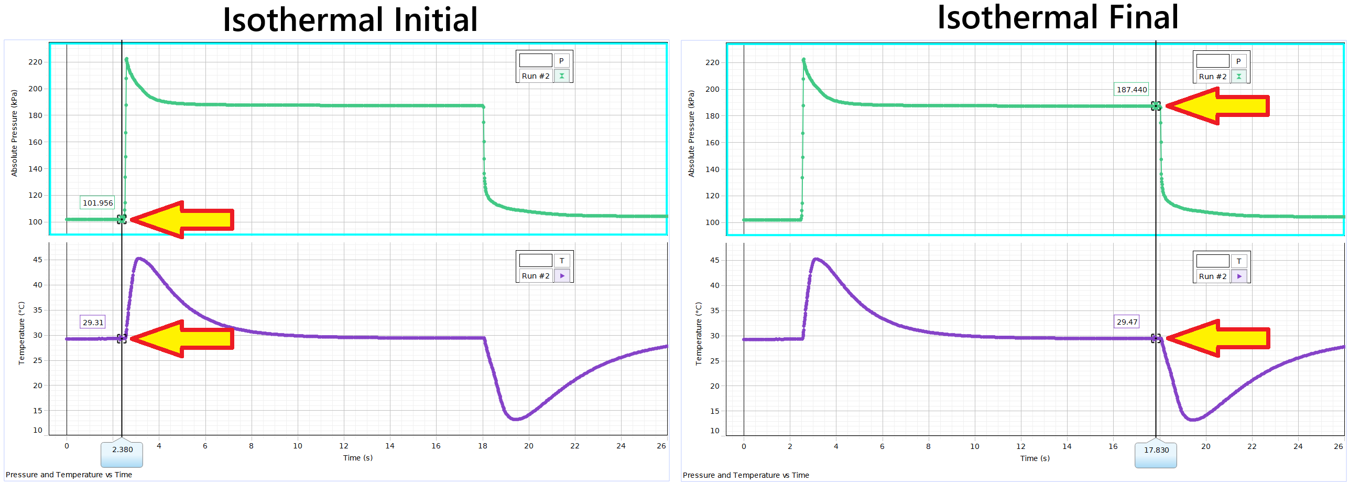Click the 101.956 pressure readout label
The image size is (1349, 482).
97,203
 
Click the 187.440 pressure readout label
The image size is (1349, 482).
1132,90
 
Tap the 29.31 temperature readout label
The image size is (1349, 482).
93,323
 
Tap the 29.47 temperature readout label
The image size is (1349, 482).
1127,322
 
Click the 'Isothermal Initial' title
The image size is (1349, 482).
350,20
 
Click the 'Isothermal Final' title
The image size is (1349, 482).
1058,17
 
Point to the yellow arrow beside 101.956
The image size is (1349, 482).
183,219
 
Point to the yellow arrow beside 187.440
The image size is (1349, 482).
1219,106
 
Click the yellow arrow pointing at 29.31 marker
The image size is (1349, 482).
183,338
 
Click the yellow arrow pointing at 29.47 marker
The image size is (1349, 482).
1219,338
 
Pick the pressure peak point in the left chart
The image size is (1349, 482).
127,59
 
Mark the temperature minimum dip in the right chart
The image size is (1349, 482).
1193,420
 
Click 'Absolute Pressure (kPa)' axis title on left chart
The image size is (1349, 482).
14,133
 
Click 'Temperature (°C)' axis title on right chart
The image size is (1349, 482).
699,334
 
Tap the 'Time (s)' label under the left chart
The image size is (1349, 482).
358,458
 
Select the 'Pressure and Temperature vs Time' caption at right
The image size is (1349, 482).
746,475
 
